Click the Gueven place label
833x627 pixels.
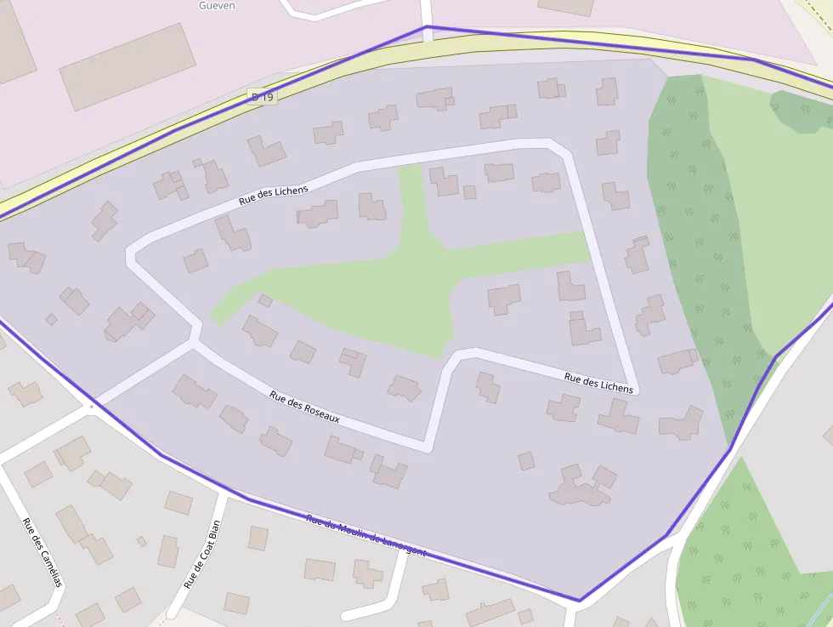(x=217, y=5)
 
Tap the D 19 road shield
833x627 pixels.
(x=263, y=97)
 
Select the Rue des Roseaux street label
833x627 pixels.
(x=304, y=407)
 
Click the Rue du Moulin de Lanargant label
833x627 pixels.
(x=365, y=534)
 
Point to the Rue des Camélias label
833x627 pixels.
(x=42, y=552)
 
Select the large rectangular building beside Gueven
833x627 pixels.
(x=127, y=66)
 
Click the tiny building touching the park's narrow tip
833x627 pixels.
(x=265, y=300)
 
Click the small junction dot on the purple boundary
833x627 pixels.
(x=92, y=407)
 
